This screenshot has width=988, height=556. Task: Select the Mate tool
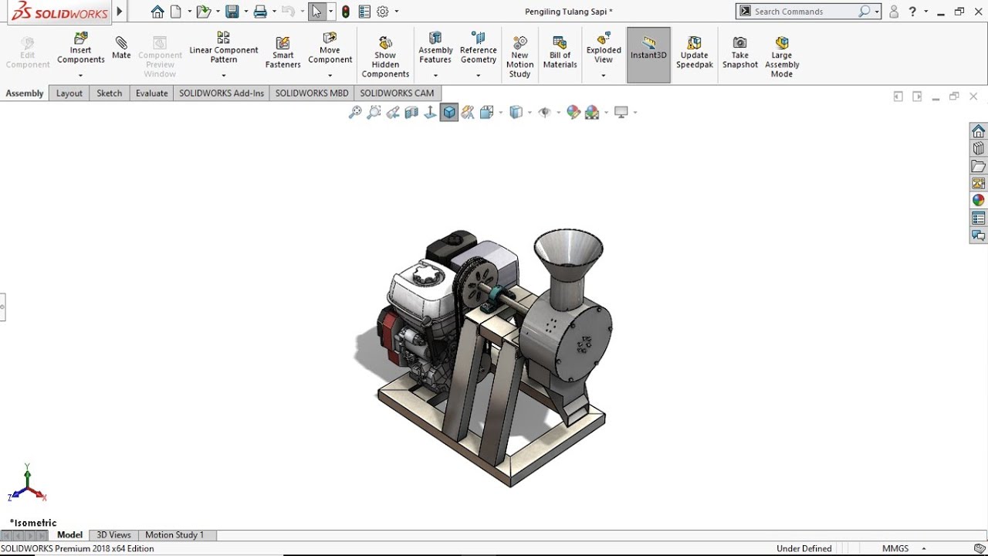[121, 48]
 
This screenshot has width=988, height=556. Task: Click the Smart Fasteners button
[283, 53]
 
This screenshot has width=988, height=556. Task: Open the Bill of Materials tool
[560, 53]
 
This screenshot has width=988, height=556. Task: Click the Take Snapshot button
[740, 53]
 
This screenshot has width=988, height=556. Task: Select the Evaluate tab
[151, 93]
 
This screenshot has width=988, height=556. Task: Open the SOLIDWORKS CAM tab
[397, 93]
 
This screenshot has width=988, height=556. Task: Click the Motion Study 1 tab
[174, 535]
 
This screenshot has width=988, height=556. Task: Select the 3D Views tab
[113, 535]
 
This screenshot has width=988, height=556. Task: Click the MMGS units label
[895, 549]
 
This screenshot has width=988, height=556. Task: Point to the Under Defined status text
[804, 549]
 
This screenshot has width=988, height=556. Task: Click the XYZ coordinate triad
[28, 485]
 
